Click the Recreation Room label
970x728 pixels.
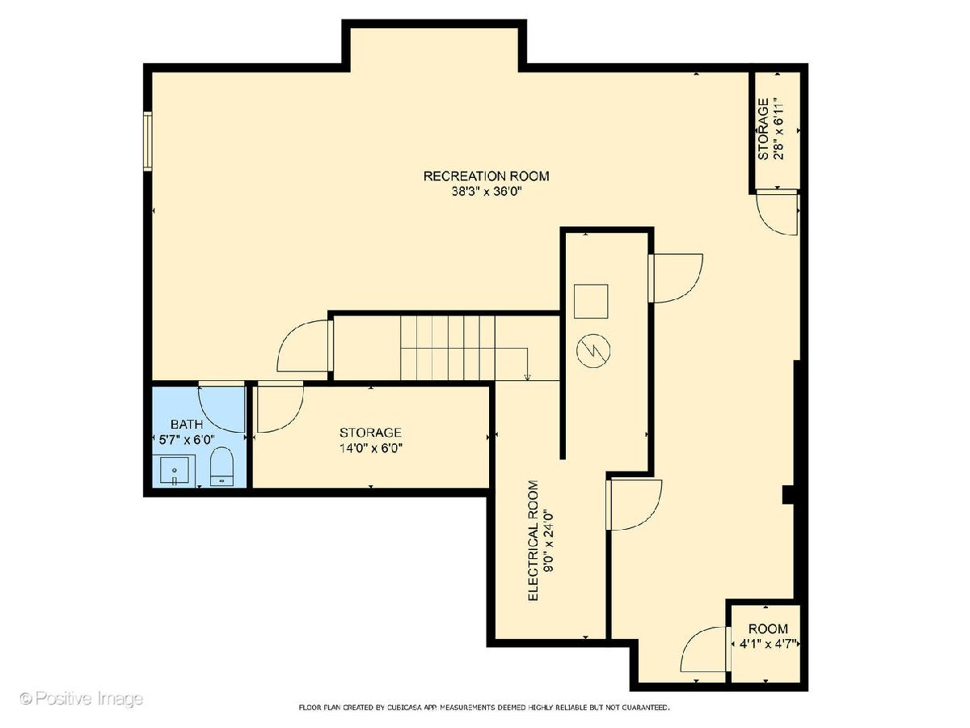(x=486, y=176)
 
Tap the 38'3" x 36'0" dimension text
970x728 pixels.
(x=487, y=192)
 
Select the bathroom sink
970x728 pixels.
(x=174, y=471)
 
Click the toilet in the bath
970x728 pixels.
(x=221, y=467)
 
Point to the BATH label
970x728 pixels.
(x=187, y=425)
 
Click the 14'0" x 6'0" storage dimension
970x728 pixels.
(x=370, y=448)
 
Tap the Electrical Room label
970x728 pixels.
(x=533, y=540)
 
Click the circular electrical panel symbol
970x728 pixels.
(x=593, y=350)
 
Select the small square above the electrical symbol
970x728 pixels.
(x=591, y=302)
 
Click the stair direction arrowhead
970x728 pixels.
(x=527, y=377)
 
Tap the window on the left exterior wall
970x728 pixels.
(x=148, y=142)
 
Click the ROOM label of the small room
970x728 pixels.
(x=768, y=629)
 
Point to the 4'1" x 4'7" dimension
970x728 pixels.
(x=769, y=644)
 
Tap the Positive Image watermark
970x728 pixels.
(x=82, y=698)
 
